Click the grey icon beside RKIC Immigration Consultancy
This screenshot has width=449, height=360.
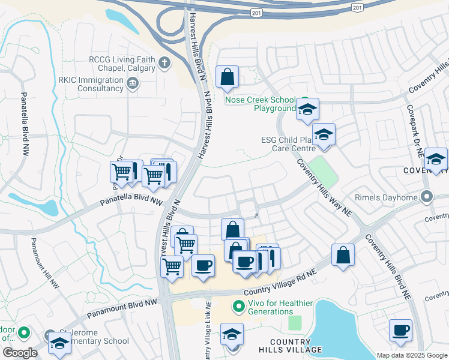click(133, 85)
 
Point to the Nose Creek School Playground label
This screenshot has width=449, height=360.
click(260, 104)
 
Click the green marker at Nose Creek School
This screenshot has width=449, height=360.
click(304, 101)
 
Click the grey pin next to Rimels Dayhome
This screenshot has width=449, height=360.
click(427, 196)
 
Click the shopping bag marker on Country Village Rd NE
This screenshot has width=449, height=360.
click(343, 254)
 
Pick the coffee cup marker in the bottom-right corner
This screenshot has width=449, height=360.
click(400, 330)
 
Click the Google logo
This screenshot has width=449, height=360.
click(19, 353)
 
